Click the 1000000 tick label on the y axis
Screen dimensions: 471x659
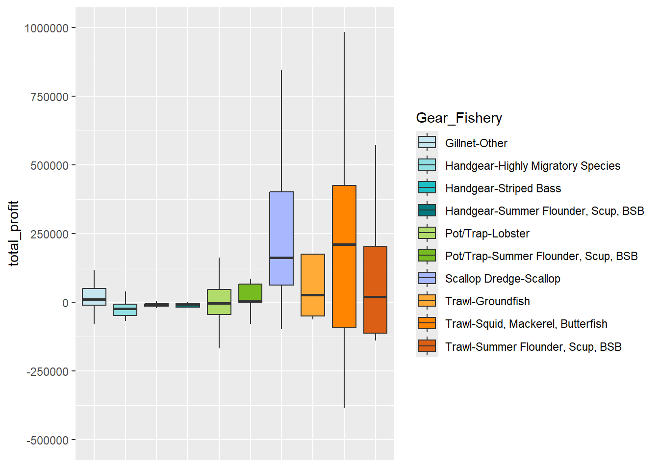(46, 28)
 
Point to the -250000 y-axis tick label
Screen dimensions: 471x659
(48, 372)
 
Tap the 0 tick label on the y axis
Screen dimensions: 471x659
(65, 303)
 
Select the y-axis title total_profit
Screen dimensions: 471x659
(14, 234)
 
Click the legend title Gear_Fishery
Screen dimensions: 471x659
(459, 118)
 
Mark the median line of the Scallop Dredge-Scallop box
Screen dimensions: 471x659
(281, 258)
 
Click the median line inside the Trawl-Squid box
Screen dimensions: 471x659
(344, 244)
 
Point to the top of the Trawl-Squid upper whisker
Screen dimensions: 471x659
(344, 32)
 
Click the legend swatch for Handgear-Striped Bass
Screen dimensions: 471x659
(427, 188)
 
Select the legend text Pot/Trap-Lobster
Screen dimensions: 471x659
(487, 234)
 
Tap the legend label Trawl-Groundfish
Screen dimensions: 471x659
(487, 301)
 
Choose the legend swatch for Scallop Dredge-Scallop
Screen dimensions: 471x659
(427, 278)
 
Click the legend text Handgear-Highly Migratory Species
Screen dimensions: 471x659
(532, 166)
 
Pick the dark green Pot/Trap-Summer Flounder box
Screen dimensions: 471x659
(251, 292)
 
